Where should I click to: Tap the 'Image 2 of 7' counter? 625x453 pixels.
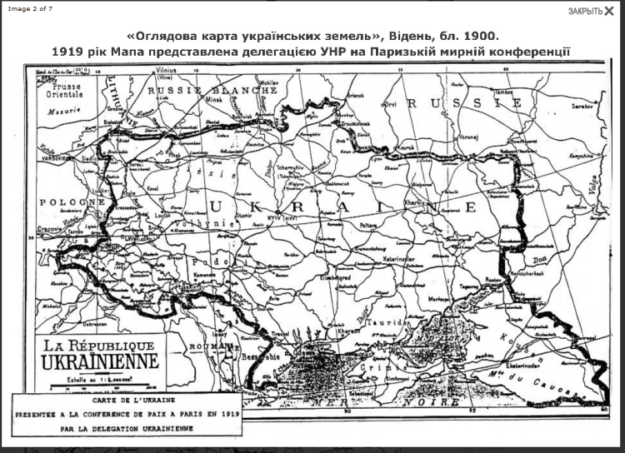coord(31,7)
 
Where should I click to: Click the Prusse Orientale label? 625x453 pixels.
coord(66,90)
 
